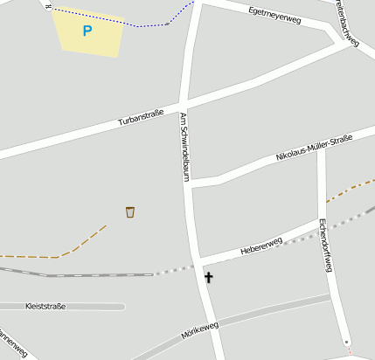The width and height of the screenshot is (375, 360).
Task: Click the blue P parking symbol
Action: point(87,31)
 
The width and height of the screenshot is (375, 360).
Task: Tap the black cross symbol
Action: point(208,278)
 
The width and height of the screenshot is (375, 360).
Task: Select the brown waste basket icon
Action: point(130,211)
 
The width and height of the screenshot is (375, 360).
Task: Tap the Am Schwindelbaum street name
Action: point(185,146)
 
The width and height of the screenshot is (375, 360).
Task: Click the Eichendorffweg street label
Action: point(325,245)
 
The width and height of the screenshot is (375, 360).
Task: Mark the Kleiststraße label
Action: point(46,307)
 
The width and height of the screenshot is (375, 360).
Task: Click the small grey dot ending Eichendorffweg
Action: point(347,341)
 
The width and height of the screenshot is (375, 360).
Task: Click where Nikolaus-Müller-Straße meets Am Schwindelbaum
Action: point(192,183)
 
